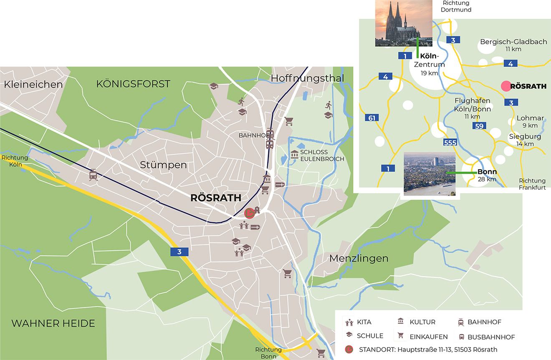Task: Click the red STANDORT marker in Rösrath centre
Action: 249,213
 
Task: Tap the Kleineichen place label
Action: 33,84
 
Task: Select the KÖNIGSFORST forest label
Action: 133,84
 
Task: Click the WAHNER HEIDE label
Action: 53,323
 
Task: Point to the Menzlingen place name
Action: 359,259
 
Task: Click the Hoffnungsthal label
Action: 307,78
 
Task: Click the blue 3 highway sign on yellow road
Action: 179,252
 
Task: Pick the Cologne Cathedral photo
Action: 403,23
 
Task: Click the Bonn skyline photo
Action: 430,174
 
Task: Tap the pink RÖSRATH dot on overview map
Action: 506,86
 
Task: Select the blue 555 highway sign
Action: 450,143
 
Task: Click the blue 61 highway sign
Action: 372,118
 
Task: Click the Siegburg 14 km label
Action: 525,140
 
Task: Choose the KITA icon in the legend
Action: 349,322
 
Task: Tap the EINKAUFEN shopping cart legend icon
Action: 401,336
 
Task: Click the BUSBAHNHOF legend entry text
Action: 491,337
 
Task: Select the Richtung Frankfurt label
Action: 532,184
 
